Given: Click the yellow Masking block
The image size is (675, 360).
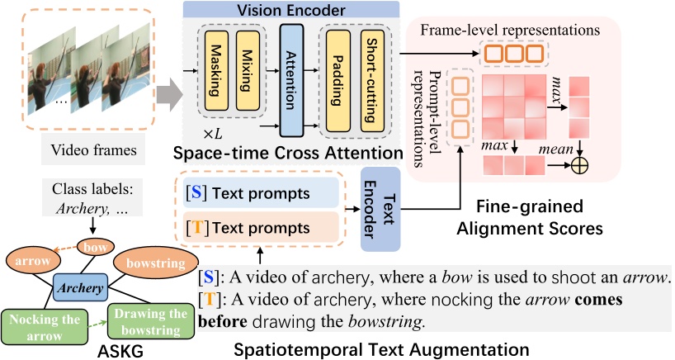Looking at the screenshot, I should coord(216,72).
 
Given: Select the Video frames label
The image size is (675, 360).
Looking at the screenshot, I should coord(87,150).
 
